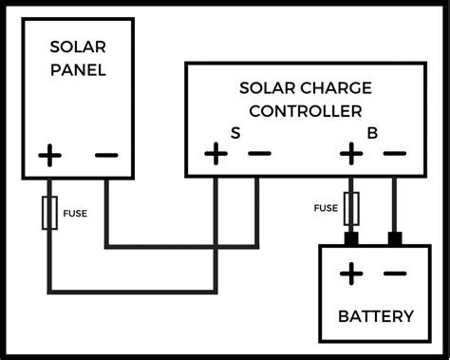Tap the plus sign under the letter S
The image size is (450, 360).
point(216,152)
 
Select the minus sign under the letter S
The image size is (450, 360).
point(257,152)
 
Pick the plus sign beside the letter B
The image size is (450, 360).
point(350,152)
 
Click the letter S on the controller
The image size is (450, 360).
point(235,133)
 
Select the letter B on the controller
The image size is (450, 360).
point(374,133)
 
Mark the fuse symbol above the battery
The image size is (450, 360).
point(350,206)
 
